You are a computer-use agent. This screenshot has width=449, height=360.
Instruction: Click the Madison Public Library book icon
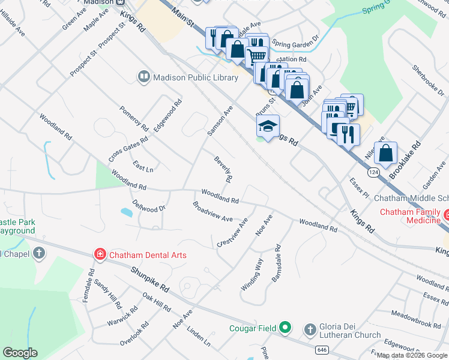[143, 77]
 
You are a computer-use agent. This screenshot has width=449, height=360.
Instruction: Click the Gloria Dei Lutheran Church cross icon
[310, 329]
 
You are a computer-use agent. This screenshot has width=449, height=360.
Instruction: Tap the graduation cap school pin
[268, 127]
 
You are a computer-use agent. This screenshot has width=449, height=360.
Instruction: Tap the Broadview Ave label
[212, 212]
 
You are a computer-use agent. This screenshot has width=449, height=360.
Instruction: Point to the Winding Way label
[252, 275]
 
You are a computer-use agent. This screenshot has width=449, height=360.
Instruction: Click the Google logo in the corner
[20, 353]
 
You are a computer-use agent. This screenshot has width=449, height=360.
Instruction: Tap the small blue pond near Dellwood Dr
[126, 212]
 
